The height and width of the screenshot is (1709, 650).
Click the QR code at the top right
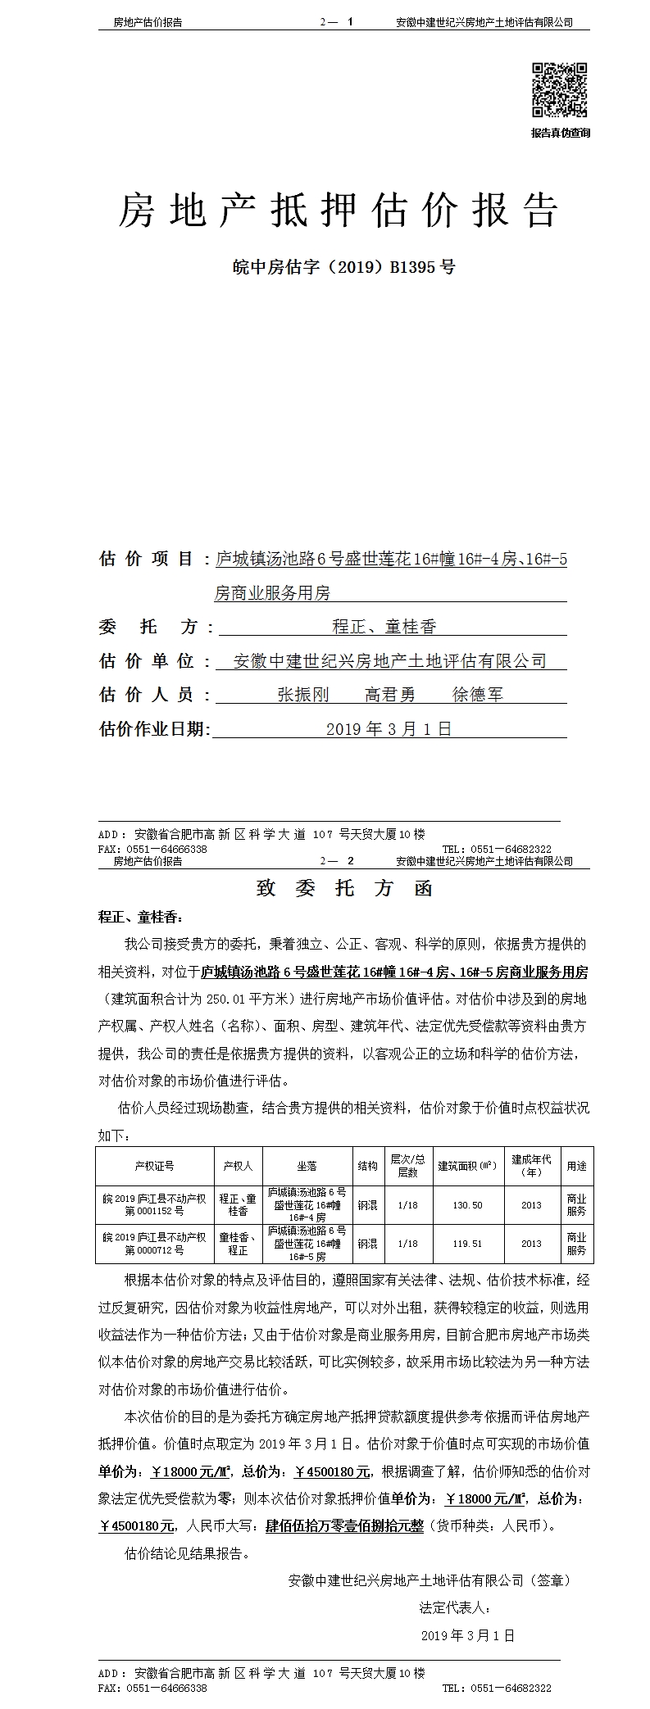(x=561, y=89)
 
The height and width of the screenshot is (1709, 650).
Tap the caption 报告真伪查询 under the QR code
(x=561, y=133)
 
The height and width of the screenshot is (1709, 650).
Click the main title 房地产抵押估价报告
(x=339, y=211)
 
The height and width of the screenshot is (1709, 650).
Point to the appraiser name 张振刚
(x=303, y=695)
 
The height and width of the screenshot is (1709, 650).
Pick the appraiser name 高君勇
(x=390, y=695)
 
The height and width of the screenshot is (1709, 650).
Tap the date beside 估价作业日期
(x=389, y=728)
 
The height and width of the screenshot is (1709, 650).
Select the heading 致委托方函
(x=344, y=889)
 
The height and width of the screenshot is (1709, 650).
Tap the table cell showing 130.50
(x=467, y=1205)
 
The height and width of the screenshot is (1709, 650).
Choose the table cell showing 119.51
(x=467, y=1244)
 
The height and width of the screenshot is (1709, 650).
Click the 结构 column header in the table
(x=368, y=1166)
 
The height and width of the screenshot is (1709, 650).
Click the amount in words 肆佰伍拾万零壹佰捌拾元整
(x=344, y=1526)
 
